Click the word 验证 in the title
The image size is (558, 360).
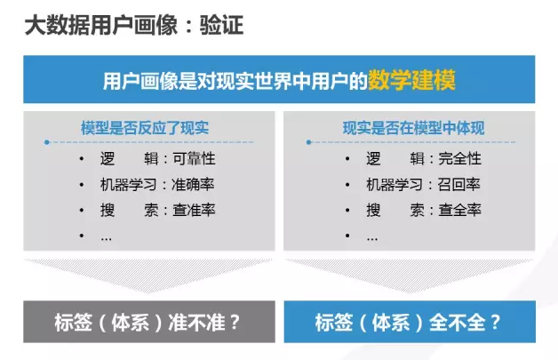[x=221, y=25]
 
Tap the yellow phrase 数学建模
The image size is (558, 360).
[x=411, y=81]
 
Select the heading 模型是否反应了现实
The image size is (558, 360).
[x=145, y=128]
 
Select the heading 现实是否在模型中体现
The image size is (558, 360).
[x=413, y=128]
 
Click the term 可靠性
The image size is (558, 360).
[x=194, y=159]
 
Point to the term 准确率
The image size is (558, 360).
[x=193, y=185]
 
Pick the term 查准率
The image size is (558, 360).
[x=194, y=210]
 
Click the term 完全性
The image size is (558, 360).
[x=459, y=159]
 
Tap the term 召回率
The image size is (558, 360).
[x=458, y=185]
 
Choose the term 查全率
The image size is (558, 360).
[x=459, y=210]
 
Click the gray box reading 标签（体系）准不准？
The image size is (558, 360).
[x=149, y=322]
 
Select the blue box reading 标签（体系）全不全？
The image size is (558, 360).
[x=410, y=322]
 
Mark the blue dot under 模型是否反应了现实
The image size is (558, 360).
[x=46, y=142]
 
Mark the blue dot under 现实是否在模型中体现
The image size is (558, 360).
[x=308, y=142]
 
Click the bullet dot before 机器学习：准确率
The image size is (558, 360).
[x=82, y=185]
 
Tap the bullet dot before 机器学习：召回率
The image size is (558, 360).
[x=347, y=185]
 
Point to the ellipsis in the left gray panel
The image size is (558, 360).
[x=106, y=239]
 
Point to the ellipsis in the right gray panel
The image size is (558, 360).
[x=372, y=239]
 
